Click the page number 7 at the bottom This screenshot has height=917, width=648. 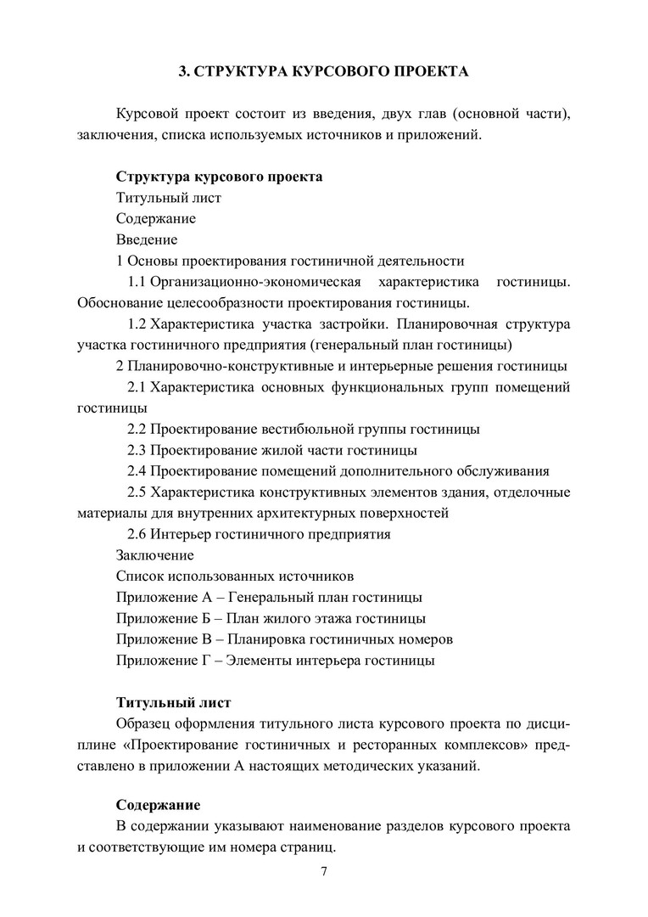point(324,872)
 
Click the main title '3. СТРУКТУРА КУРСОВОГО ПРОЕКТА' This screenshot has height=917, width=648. point(323,72)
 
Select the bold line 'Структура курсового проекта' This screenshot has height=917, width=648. point(219,178)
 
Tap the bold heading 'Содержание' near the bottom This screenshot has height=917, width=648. point(158,804)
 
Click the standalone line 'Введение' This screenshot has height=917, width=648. point(146,240)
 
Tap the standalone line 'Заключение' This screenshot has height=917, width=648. point(154,555)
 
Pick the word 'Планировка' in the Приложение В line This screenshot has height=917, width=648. point(255,639)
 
